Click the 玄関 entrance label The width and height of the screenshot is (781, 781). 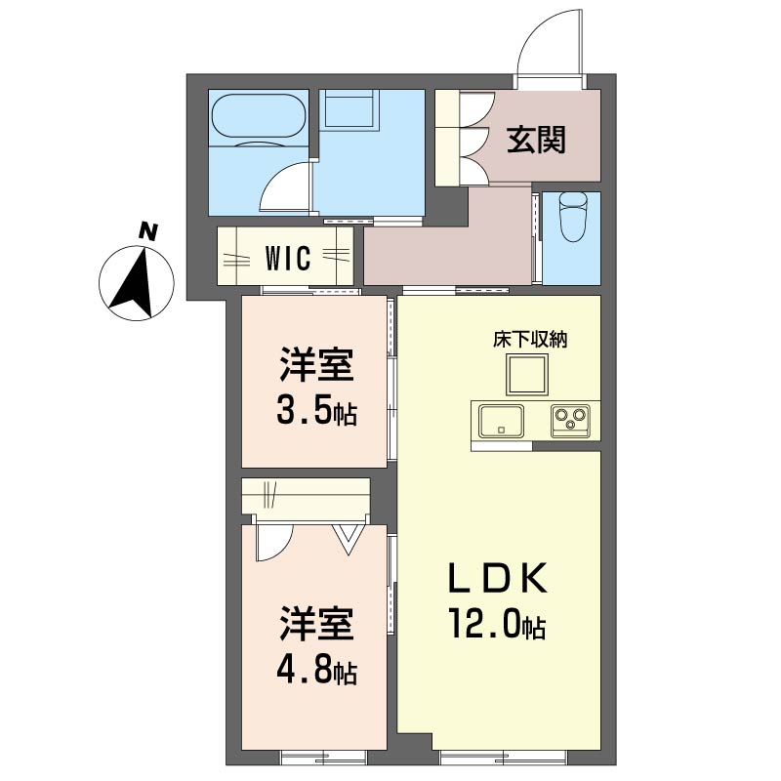tap(536, 140)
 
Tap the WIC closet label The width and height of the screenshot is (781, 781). tap(288, 258)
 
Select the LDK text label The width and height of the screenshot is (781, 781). tap(498, 577)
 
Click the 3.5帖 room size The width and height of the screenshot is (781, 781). tap(316, 411)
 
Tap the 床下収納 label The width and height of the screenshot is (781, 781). tap(530, 340)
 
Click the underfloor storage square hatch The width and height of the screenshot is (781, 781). tap(527, 375)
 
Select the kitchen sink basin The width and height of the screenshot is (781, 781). tap(501, 422)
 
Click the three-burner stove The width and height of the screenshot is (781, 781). tap(570, 422)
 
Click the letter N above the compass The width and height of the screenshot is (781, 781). tap(148, 231)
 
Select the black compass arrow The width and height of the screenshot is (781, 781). tap(135, 284)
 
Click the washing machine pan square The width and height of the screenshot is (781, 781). tap(349, 107)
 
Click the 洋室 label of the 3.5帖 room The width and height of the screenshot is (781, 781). tap(316, 365)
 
